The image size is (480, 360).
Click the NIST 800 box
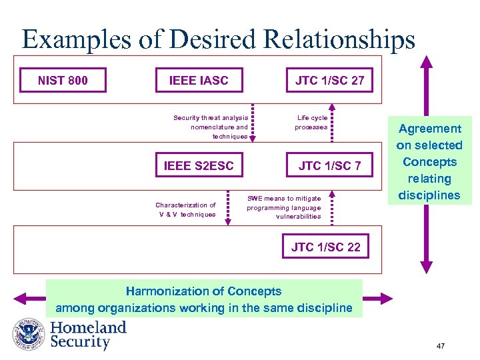[x=63, y=81]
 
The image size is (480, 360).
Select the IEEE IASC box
[x=199, y=81]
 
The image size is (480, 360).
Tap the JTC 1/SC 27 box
[x=329, y=81]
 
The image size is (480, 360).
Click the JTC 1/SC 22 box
[x=325, y=247]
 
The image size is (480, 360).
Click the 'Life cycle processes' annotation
[x=311, y=123]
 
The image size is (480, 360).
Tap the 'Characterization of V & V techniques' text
[x=186, y=209]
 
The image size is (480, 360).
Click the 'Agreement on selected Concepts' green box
[x=429, y=161]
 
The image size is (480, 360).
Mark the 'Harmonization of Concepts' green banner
[x=204, y=299]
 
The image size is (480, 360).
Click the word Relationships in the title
[x=339, y=39]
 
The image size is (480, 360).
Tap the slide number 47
[x=440, y=346]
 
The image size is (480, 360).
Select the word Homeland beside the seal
[x=88, y=327]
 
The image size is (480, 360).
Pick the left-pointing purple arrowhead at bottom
[x=25, y=299]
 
